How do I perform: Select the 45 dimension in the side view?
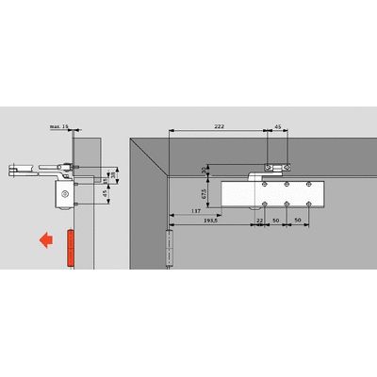click(105, 196)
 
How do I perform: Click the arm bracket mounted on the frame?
click(270, 171)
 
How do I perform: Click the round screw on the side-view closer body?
click(63, 195)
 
